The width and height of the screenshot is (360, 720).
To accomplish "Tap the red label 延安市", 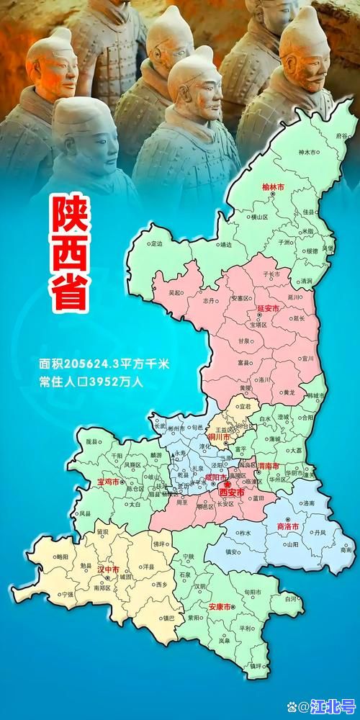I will pos(271,308).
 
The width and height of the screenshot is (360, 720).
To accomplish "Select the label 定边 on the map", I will pos(158,244).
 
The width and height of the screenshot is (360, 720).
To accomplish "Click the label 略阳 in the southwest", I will pos(63,557).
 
